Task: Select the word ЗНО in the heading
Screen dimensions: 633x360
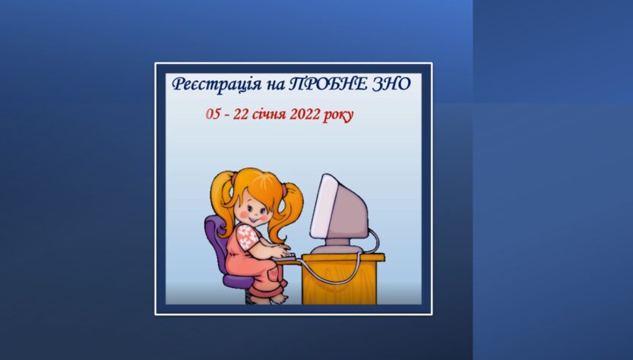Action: pyautogui.click(x=391, y=84)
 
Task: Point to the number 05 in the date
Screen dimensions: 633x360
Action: pyautogui.click(x=213, y=114)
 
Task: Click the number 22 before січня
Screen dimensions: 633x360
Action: pyautogui.click(x=241, y=114)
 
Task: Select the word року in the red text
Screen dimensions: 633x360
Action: pyautogui.click(x=338, y=115)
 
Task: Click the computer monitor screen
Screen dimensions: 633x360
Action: pyautogui.click(x=322, y=205)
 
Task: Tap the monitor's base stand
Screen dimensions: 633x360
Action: pyautogui.click(x=336, y=246)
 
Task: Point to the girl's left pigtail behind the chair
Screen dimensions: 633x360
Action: pyautogui.click(x=222, y=202)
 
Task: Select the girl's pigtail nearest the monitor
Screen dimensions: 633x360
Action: pyautogui.click(x=286, y=212)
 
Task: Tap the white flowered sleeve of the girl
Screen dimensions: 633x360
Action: pyautogui.click(x=247, y=237)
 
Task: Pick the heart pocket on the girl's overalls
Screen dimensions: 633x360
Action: pyautogui.click(x=274, y=273)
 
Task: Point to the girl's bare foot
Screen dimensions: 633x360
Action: pyautogui.click(x=280, y=299)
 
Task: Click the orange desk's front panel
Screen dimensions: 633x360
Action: pyautogui.click(x=339, y=283)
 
